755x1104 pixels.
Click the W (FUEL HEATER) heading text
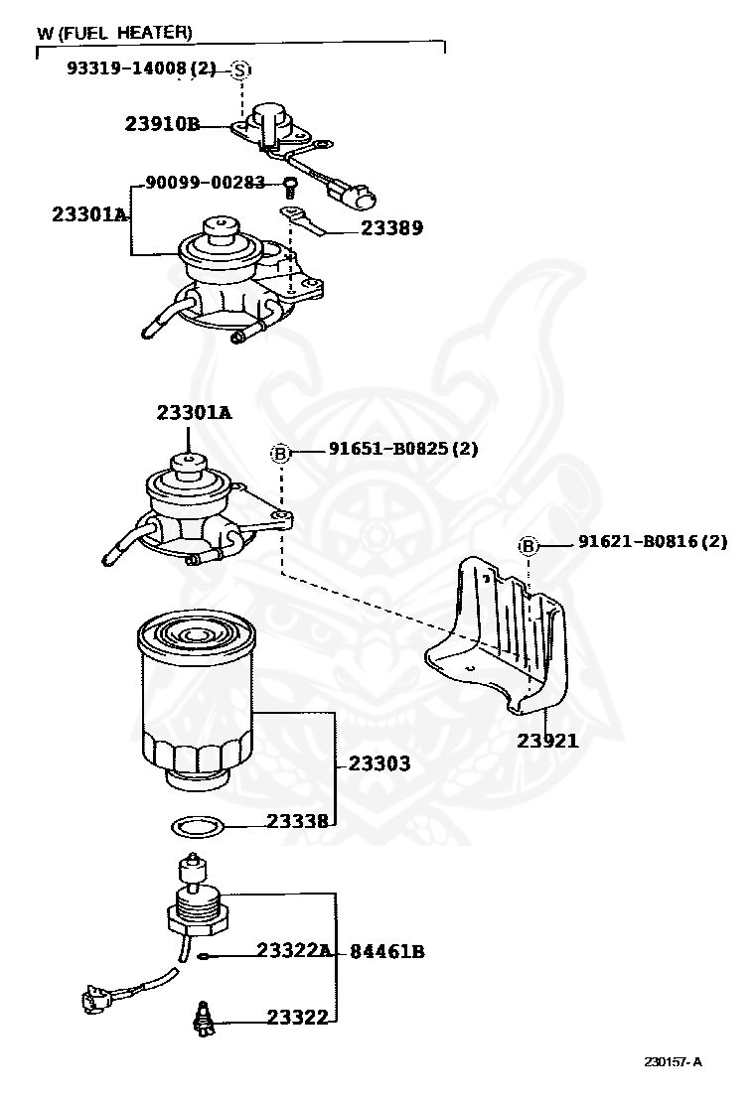pos(114,33)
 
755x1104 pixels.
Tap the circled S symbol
pos(240,69)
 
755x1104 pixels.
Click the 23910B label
pos(162,124)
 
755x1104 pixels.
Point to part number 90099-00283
pos(206,182)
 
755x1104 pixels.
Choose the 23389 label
pos(391,227)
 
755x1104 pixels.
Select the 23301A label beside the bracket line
pos(89,214)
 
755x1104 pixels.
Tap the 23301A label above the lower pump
pos(193,412)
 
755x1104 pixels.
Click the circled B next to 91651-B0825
pos(280,454)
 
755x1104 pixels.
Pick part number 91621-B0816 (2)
pos(653,542)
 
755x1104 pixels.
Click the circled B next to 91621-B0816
pos(528,546)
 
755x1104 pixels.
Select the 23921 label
pos(547,741)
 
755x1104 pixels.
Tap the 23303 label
pos(378,764)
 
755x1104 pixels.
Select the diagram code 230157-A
pos(673,1061)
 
